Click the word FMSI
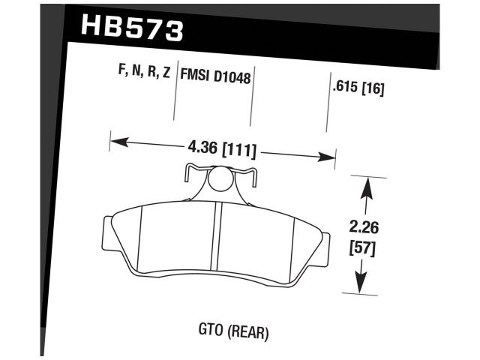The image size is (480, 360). pyautogui.click(x=197, y=76)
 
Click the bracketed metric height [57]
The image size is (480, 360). pyautogui.click(x=364, y=247)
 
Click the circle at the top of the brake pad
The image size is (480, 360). pyautogui.click(x=220, y=180)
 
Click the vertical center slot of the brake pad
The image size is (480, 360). pyautogui.click(x=217, y=240)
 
